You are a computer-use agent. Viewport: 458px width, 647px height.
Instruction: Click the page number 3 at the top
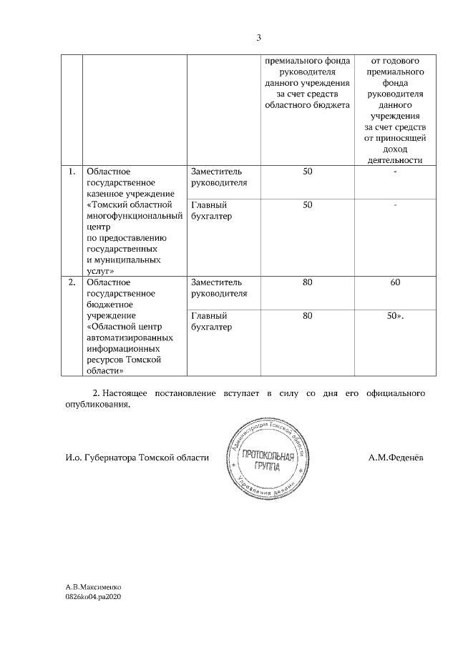pyautogui.click(x=259, y=37)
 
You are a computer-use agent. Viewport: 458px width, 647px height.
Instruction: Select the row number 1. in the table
pyautogui.click(x=72, y=172)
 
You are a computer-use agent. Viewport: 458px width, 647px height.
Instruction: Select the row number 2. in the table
pyautogui.click(x=72, y=282)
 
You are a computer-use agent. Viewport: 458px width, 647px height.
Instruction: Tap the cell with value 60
pyautogui.click(x=395, y=282)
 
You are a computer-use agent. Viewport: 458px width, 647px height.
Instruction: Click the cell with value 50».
pyautogui.click(x=395, y=315)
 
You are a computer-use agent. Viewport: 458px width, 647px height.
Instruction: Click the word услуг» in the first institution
pyautogui.click(x=101, y=272)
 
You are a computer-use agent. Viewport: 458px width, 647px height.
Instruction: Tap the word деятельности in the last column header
pyautogui.click(x=396, y=160)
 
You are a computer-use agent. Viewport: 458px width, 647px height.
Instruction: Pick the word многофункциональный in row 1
pyautogui.click(x=134, y=216)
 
